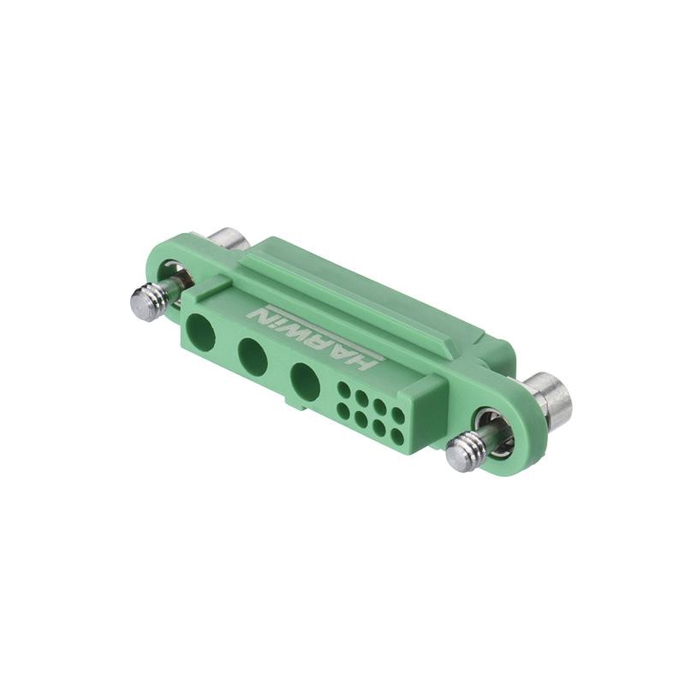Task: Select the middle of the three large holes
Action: click(253, 356)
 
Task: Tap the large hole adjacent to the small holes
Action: click(305, 382)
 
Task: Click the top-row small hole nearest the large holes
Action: click(343, 390)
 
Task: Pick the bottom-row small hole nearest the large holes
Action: click(343, 410)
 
